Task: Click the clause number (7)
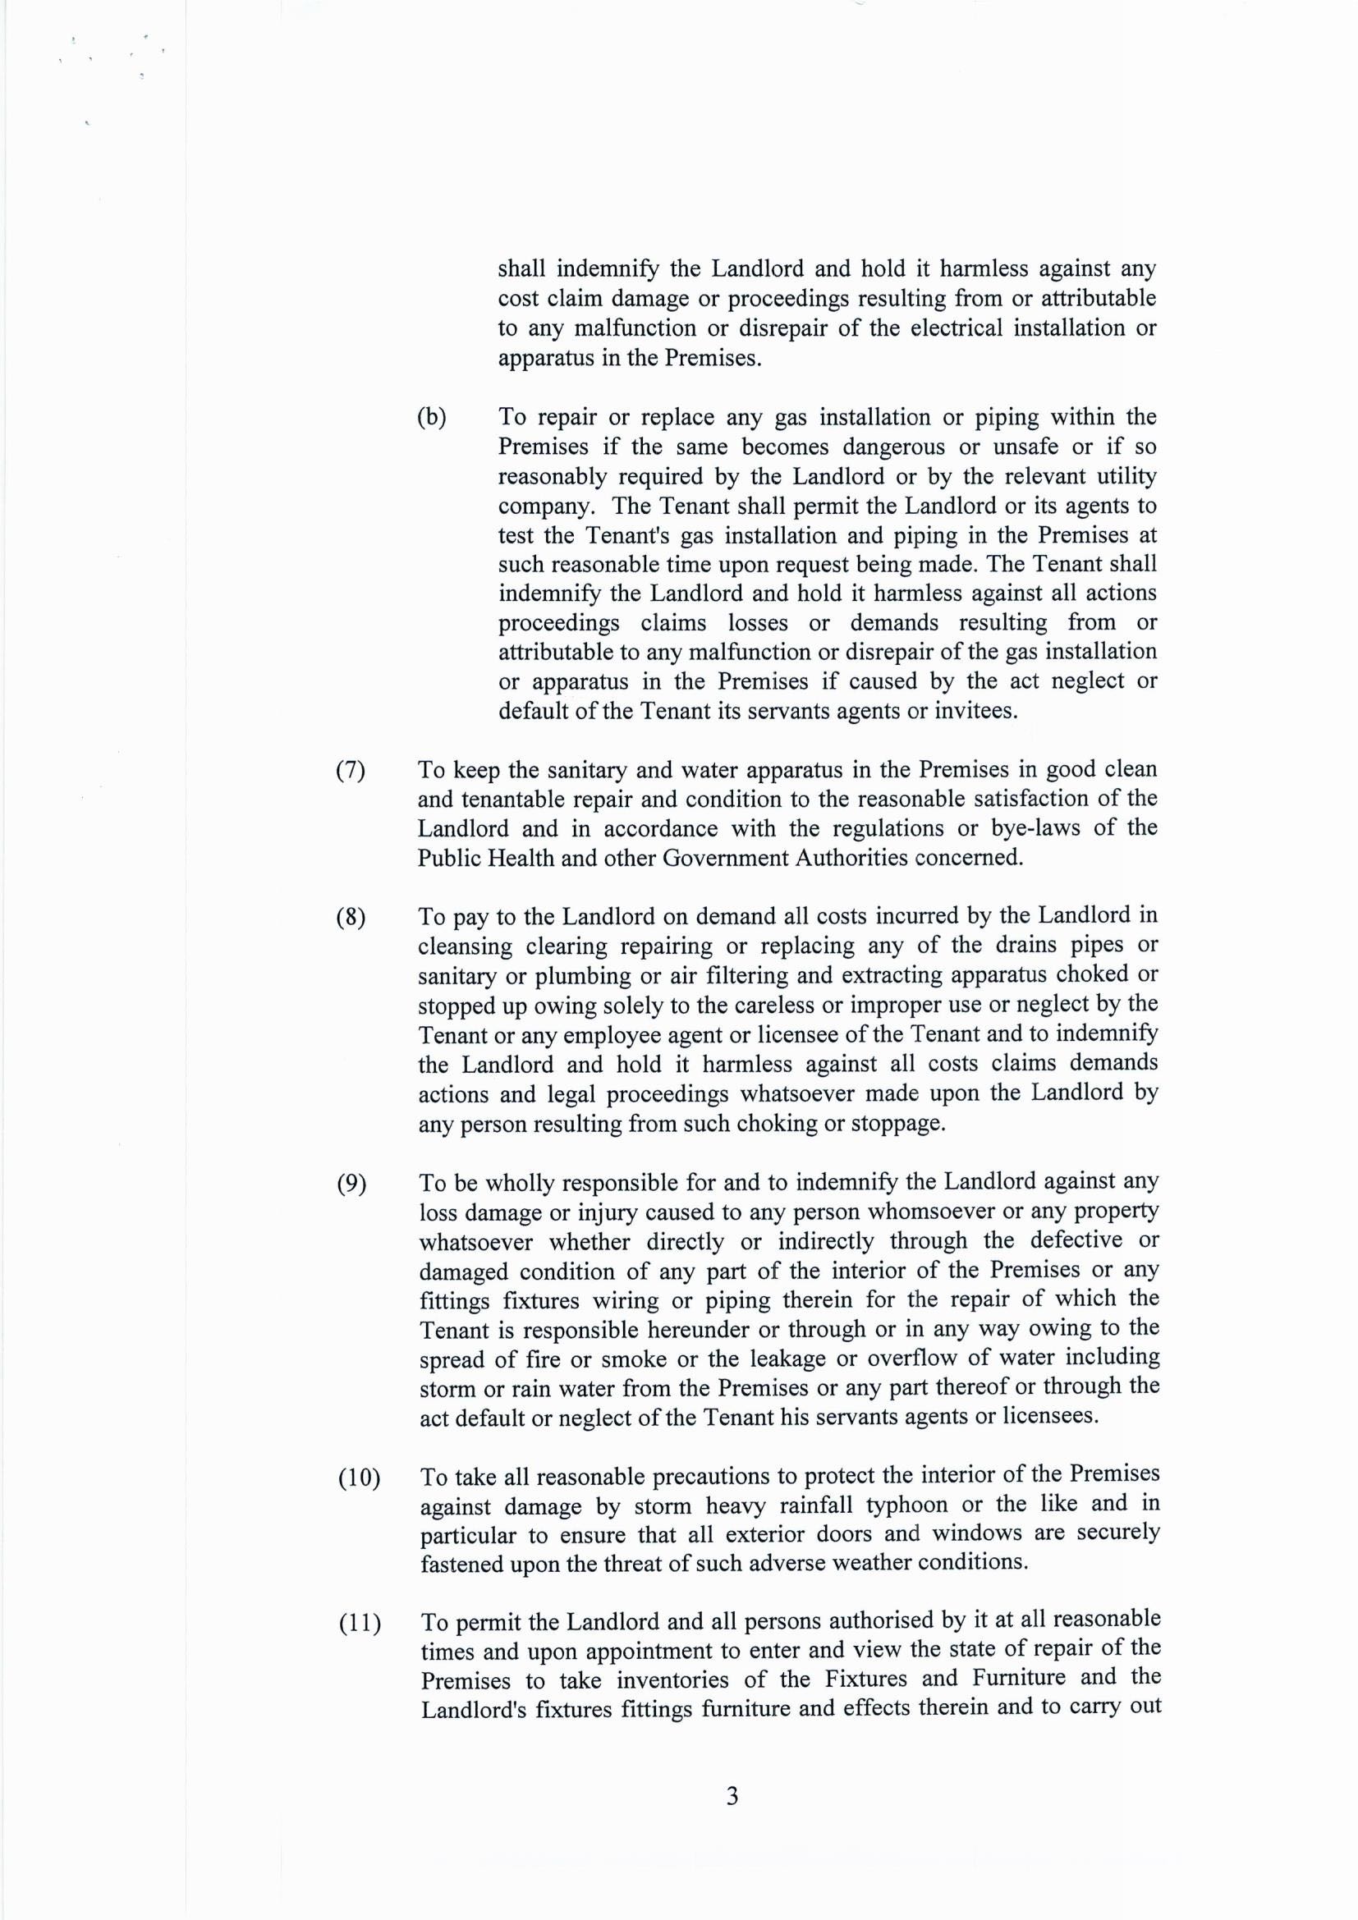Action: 351,770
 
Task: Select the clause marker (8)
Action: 351,919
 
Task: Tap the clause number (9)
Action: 351,1185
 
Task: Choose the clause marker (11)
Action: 359,1625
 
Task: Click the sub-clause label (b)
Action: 432,417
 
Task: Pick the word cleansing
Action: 466,947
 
